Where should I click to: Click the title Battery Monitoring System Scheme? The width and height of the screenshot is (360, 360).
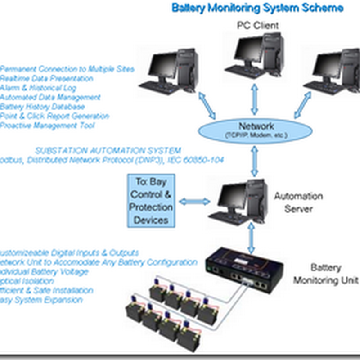pyautogui.click(x=258, y=8)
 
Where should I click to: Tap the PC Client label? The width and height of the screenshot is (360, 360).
pyautogui.click(x=258, y=25)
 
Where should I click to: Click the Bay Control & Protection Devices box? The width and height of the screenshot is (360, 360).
pyautogui.click(x=151, y=201)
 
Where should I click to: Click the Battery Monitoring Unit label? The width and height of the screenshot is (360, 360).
pyautogui.click(x=326, y=274)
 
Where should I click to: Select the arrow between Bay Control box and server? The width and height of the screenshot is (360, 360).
pyautogui.click(x=194, y=201)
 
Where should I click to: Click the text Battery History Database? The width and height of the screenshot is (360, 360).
pyautogui.click(x=43, y=107)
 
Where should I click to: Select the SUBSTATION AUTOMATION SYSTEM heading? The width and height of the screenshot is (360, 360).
pyautogui.click(x=108, y=150)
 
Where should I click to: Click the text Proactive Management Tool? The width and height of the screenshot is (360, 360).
pyautogui.click(x=47, y=126)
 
